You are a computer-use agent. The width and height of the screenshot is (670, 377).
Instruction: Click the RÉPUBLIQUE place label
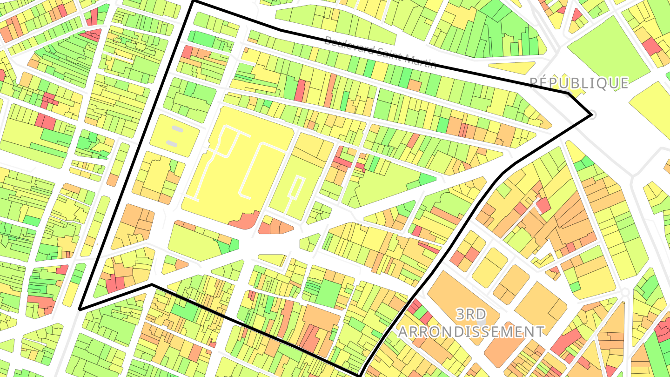579,83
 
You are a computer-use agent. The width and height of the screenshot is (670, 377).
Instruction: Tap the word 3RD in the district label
471,315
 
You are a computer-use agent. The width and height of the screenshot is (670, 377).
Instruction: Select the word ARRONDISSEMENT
471,332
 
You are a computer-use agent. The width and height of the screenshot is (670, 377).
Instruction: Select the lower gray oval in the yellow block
172,143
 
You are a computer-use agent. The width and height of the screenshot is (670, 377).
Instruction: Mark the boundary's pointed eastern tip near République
591,114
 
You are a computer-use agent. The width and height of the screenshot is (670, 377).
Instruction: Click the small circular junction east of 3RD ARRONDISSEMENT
625,292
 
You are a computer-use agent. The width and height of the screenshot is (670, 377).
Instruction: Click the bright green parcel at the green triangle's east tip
427,179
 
